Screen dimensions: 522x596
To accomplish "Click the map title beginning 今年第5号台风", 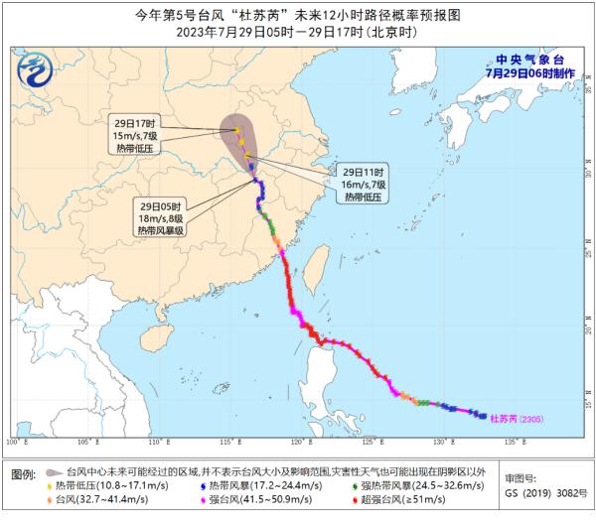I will pos(297,13).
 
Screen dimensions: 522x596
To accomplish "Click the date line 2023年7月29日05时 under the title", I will pos(297,31).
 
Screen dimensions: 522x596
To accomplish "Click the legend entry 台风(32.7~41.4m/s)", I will pos(98,503).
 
